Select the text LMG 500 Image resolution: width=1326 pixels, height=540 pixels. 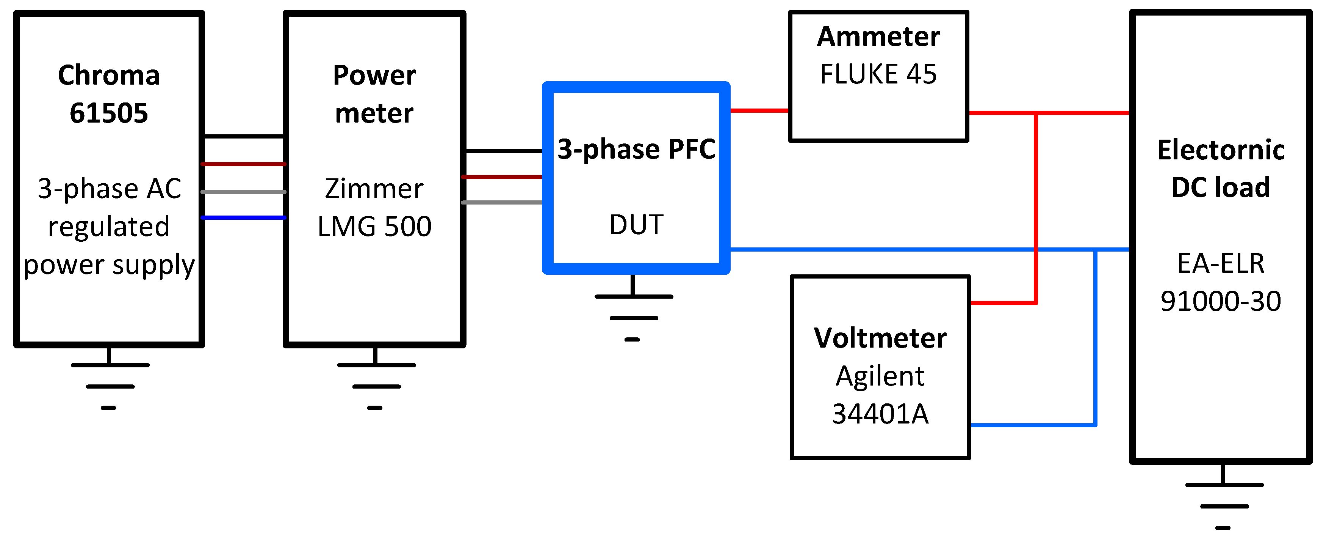click(x=374, y=226)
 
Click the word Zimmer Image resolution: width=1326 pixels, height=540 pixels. click(x=374, y=189)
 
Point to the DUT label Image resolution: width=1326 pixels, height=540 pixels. click(x=636, y=225)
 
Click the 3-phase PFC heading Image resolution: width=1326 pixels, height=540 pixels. click(x=636, y=150)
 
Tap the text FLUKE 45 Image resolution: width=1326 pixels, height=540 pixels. click(x=878, y=74)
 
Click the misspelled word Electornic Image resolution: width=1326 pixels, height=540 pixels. click(x=1221, y=150)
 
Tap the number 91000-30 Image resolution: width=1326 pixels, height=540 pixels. click(x=1221, y=301)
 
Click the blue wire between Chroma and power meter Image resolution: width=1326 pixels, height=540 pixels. click(x=243, y=217)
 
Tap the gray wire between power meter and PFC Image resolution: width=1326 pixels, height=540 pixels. click(x=502, y=203)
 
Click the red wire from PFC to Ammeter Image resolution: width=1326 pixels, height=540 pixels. click(x=759, y=110)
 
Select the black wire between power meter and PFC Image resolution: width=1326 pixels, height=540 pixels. click(x=503, y=151)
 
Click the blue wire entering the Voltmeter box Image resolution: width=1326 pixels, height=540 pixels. click(x=1030, y=425)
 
